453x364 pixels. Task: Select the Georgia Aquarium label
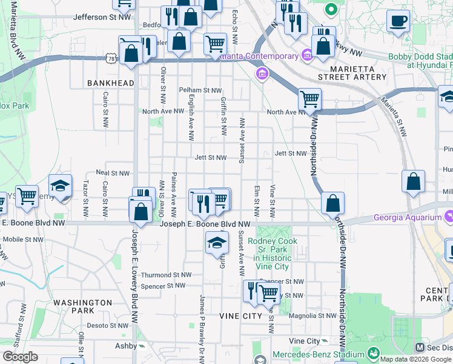pyautogui.click(x=408, y=217)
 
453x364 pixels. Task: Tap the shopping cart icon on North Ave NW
pyautogui.click(x=309, y=98)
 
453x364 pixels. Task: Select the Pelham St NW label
pyautogui.click(x=200, y=90)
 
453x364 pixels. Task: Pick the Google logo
pyautogui.click(x=20, y=356)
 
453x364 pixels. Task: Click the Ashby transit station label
pyautogui.click(x=127, y=346)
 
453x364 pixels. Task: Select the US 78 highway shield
pyautogui.click(x=110, y=58)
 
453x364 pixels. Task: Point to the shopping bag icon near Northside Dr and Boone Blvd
pyautogui.click(x=332, y=203)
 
